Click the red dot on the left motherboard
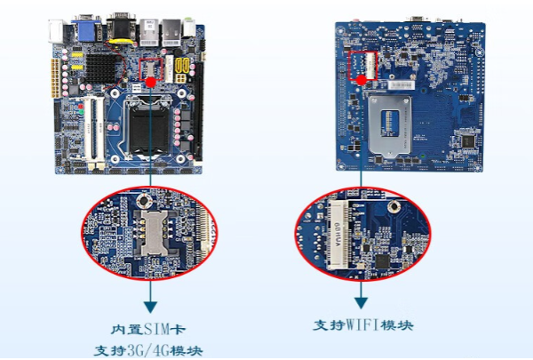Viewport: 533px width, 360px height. [152, 82]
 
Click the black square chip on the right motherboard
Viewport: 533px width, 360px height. [466, 140]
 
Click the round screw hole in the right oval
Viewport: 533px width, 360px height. [391, 206]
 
